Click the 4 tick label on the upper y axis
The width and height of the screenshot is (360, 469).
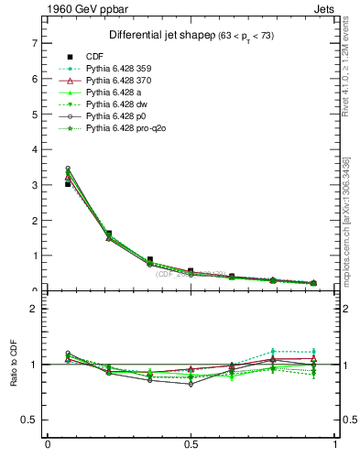pyautogui.click(x=34, y=149)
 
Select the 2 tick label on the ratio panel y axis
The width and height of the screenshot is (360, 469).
pyautogui.click(x=34, y=309)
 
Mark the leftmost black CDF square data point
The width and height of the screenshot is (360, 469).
pyautogui.click(x=69, y=184)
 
